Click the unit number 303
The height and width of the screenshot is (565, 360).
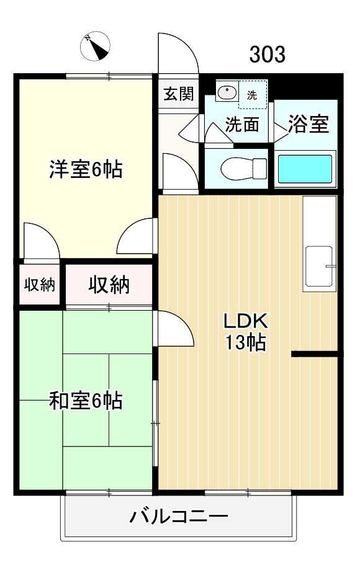(x=268, y=55)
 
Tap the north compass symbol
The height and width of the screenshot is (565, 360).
(x=96, y=45)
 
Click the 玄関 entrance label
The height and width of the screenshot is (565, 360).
(x=178, y=94)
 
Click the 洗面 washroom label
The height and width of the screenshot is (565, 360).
(x=241, y=125)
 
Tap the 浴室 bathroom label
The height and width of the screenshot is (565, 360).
(x=308, y=125)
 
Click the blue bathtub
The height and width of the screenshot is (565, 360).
(x=304, y=169)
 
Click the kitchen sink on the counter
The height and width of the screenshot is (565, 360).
(x=319, y=267)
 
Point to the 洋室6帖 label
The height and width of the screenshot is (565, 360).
(x=86, y=169)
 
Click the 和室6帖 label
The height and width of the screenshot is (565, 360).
(x=86, y=401)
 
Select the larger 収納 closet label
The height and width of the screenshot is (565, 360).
(x=109, y=285)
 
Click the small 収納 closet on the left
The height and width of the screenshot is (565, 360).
(x=40, y=285)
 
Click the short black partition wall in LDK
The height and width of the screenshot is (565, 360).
(x=315, y=354)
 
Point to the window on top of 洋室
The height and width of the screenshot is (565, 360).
(x=109, y=76)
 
